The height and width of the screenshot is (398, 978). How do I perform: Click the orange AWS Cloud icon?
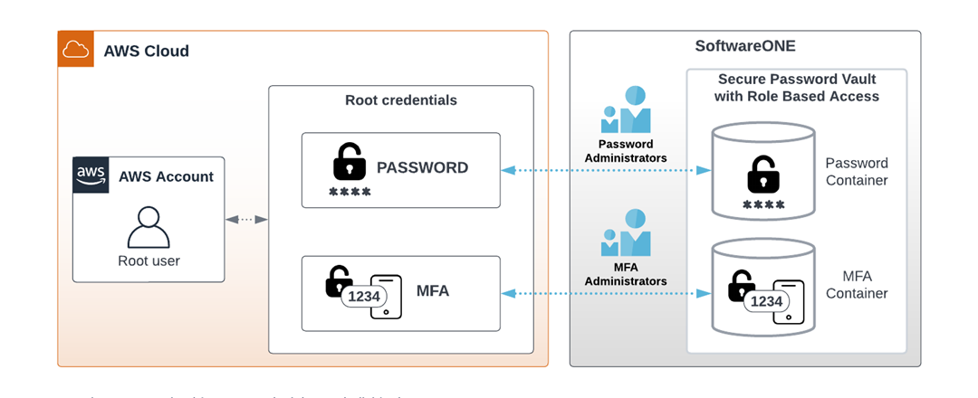[76, 49]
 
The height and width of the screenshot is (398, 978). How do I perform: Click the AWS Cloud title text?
[147, 52]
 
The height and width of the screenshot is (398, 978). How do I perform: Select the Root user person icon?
[149, 227]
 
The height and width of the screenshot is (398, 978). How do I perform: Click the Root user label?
[149, 261]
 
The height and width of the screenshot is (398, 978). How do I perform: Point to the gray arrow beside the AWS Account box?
[246, 219]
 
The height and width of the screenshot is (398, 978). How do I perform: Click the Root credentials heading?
[401, 100]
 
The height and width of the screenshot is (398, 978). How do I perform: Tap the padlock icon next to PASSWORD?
[349, 162]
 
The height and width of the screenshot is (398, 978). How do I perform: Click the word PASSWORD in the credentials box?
[422, 168]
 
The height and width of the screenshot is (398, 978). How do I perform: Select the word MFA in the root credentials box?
[432, 291]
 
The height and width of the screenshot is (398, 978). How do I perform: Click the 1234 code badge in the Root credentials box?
[364, 297]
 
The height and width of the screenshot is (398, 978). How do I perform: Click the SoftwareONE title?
[744, 46]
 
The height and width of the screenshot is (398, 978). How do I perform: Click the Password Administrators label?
[626, 151]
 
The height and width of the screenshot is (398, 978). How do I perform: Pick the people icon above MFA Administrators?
[626, 233]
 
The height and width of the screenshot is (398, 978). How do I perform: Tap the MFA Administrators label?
[626, 274]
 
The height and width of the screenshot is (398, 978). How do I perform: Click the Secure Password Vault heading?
[797, 88]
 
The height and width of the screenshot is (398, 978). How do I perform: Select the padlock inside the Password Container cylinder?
[762, 175]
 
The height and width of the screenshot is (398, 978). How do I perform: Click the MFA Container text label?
[857, 284]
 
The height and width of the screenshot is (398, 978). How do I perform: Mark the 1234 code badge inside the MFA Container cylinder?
[767, 301]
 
